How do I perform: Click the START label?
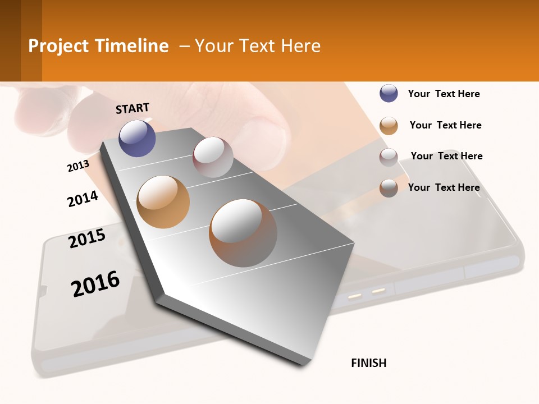(133, 108)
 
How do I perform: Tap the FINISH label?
(368, 363)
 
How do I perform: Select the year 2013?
(78, 166)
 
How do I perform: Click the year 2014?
(83, 199)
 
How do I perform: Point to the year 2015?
(87, 238)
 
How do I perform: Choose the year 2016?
(95, 284)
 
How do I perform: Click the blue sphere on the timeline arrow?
(137, 138)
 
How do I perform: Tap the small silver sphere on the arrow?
(213, 157)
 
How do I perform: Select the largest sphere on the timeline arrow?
(243, 232)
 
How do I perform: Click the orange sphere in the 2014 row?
(163, 201)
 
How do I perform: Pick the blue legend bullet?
(389, 93)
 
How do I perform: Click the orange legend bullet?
(389, 126)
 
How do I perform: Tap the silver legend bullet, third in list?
(389, 157)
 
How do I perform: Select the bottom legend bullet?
(389, 188)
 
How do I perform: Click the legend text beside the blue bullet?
(444, 94)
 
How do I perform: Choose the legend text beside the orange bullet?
(445, 125)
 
